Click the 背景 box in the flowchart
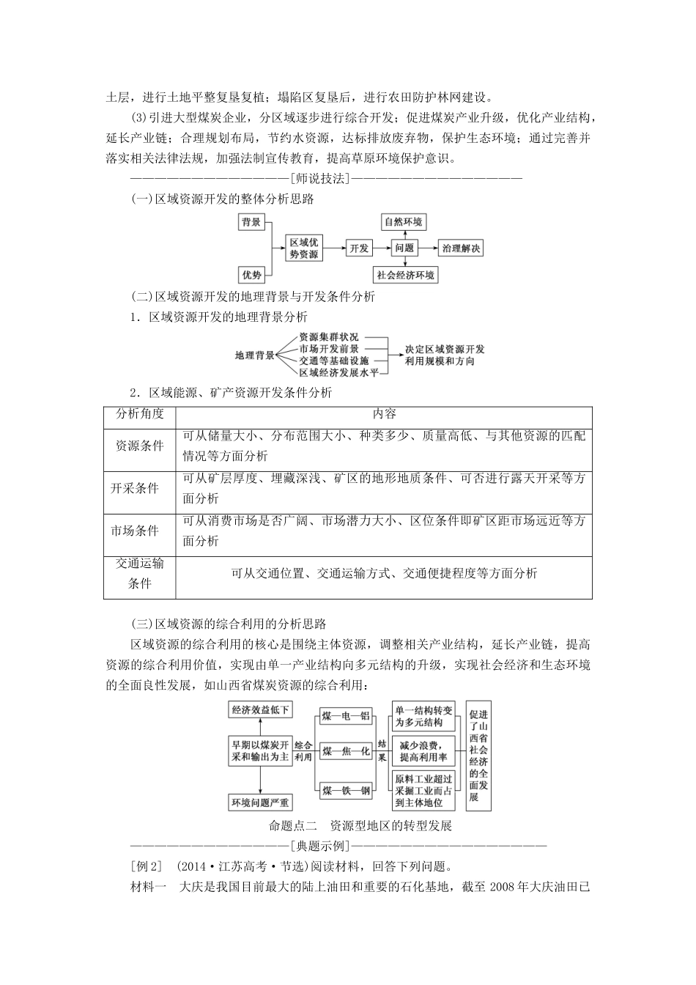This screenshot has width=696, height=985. (x=252, y=222)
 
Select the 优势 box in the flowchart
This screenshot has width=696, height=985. (x=252, y=275)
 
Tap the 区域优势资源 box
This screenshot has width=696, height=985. (x=304, y=248)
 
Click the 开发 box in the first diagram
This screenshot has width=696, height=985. (x=359, y=248)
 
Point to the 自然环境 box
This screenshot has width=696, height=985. (x=404, y=222)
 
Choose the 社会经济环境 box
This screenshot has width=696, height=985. (x=405, y=275)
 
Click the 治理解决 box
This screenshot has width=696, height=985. (x=462, y=248)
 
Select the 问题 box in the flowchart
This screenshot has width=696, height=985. (x=404, y=248)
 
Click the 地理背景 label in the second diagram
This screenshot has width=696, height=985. (x=254, y=355)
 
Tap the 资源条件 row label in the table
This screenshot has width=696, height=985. (x=140, y=446)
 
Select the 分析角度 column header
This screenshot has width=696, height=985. (x=140, y=414)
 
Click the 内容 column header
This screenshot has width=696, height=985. (x=384, y=414)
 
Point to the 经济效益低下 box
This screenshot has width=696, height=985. (x=261, y=709)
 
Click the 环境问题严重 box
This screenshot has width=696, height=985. (x=261, y=803)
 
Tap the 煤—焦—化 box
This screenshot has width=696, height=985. (x=346, y=752)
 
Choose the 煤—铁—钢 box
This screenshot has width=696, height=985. (x=346, y=789)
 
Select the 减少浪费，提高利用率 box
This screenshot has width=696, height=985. (x=423, y=752)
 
